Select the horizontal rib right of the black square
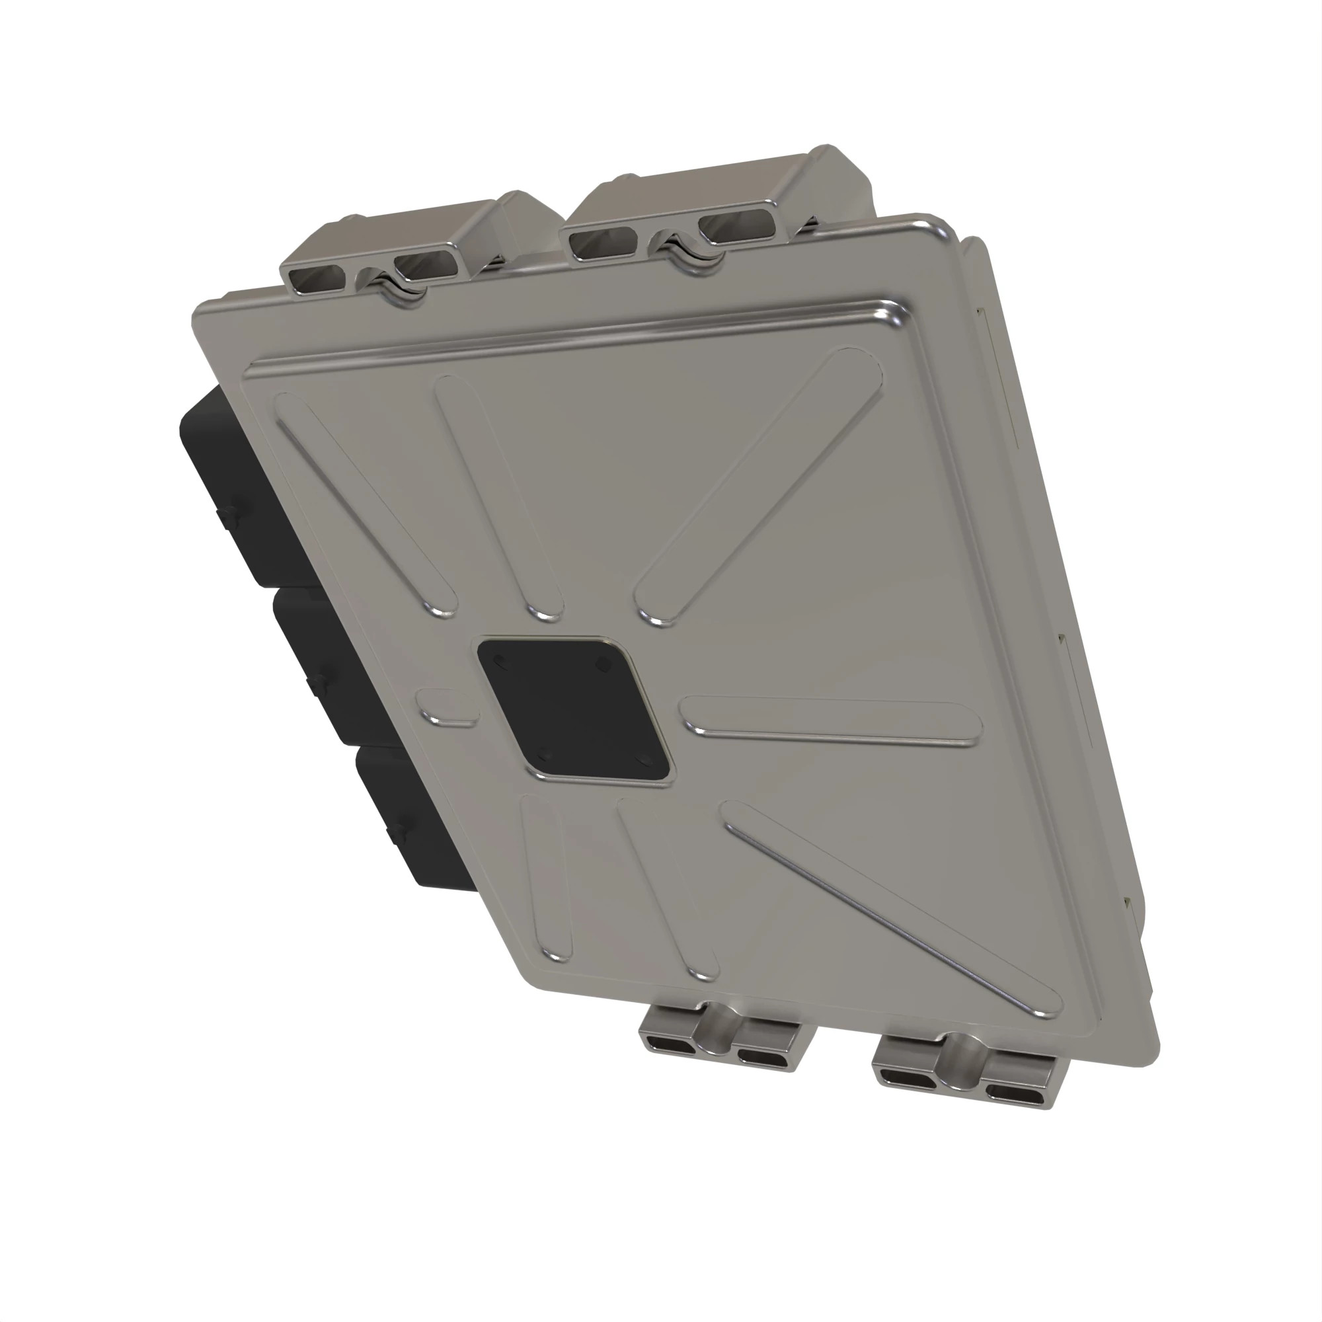[x=832, y=721]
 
